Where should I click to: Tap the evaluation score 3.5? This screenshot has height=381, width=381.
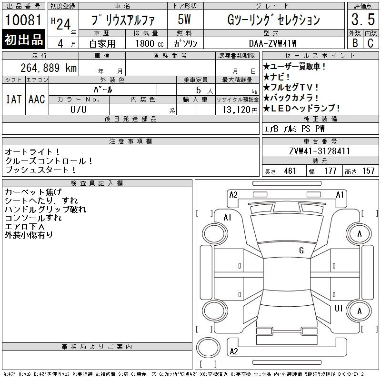(x=362, y=21)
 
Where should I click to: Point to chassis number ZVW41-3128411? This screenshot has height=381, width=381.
(x=320, y=151)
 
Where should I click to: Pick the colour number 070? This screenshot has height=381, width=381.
(x=79, y=110)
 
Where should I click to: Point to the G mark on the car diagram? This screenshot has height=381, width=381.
(x=301, y=250)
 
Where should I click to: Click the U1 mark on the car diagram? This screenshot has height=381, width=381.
(x=339, y=308)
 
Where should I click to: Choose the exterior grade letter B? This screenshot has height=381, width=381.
(x=355, y=43)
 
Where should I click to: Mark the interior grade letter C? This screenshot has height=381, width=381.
(x=370, y=43)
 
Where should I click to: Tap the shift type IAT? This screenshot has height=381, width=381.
(x=13, y=99)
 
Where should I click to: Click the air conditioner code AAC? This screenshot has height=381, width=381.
(x=36, y=99)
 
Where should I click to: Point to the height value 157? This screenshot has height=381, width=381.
(x=368, y=171)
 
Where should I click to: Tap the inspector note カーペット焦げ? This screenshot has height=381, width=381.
(x=33, y=192)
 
